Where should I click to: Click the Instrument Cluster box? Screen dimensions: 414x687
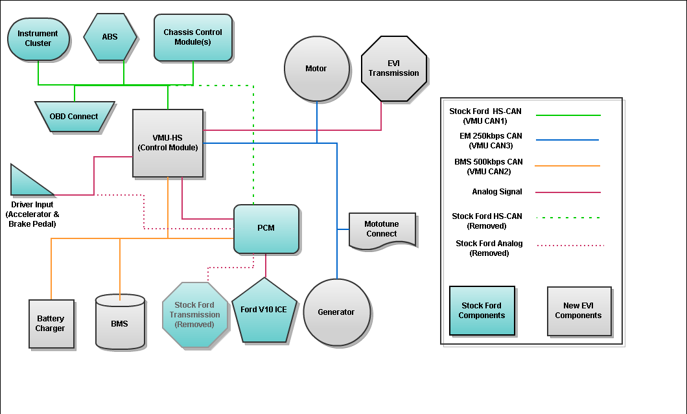pyautogui.click(x=38, y=39)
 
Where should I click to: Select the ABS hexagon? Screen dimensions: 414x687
pyautogui.click(x=110, y=38)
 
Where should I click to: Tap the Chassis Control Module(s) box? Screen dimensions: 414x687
pyautogui.click(x=193, y=38)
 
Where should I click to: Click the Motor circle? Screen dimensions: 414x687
pyautogui.click(x=316, y=69)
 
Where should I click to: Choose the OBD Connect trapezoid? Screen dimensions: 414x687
pyautogui.click(x=75, y=117)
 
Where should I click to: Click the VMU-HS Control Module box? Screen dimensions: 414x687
pyautogui.click(x=168, y=143)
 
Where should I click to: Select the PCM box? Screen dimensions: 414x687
pyautogui.click(x=266, y=229)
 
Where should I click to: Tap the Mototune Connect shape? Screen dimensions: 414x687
pyautogui.click(x=381, y=229)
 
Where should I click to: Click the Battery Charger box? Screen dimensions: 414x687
pyautogui.click(x=51, y=324)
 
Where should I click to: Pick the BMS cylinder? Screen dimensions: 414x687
pyautogui.click(x=120, y=322)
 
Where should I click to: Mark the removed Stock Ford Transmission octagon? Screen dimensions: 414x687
pyautogui.click(x=195, y=315)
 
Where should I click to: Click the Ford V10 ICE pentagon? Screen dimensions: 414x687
pyautogui.click(x=264, y=311)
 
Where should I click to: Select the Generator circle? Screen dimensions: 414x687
pyautogui.click(x=336, y=312)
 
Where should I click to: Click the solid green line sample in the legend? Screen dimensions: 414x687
pyautogui.click(x=568, y=116)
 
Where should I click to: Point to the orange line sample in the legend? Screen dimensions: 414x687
pyautogui.click(x=567, y=167)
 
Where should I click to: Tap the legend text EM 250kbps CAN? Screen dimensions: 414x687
pyautogui.click(x=490, y=136)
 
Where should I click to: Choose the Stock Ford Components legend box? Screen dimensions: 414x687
pyautogui.click(x=482, y=311)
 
